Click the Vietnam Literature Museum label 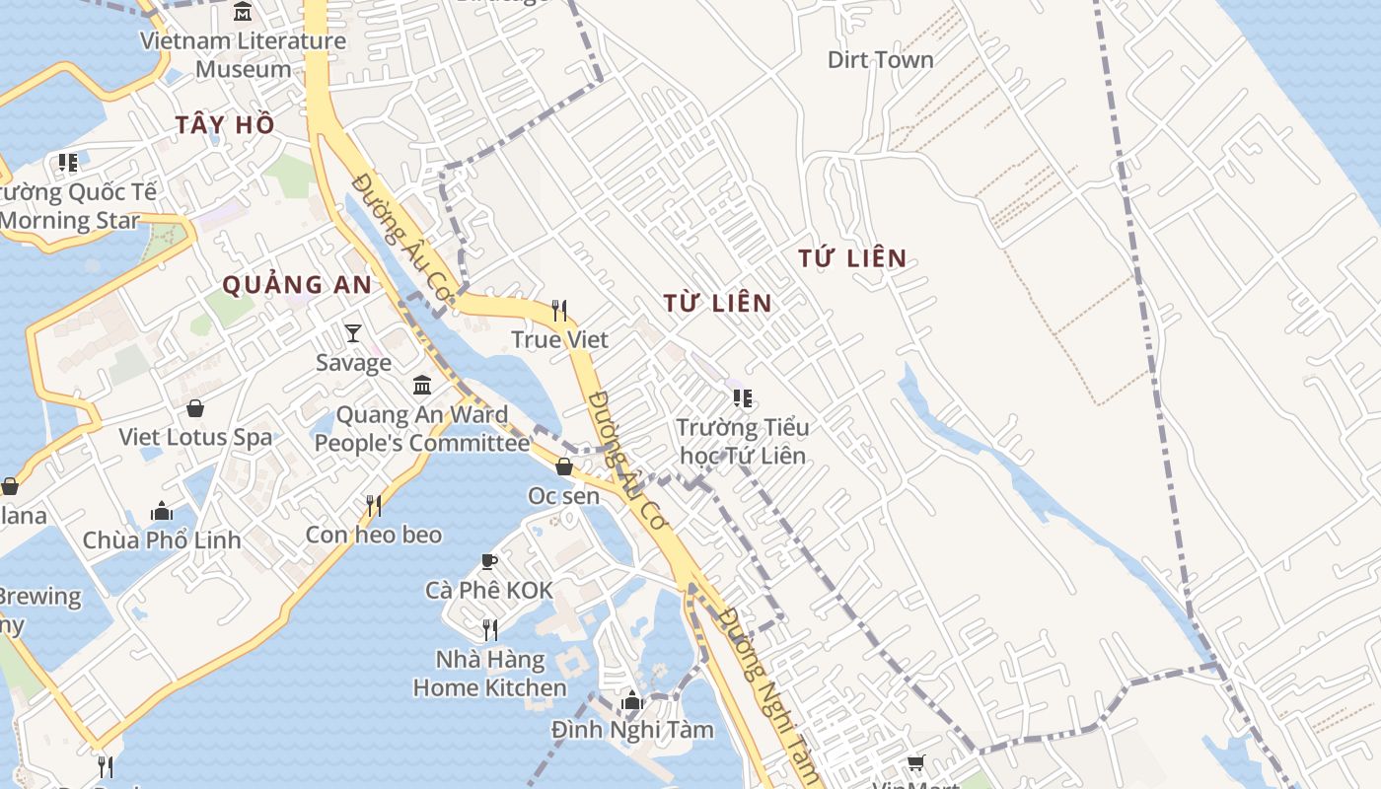coord(243,55)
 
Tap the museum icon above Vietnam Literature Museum coord(243,13)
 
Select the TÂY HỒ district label coord(225,125)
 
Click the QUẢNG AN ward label coord(297,285)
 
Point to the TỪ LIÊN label coord(717,303)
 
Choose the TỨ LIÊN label coord(852,258)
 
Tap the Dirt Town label coord(880,60)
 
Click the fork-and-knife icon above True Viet coord(559,311)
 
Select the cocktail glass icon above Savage coord(353,333)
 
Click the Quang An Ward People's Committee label coord(422,429)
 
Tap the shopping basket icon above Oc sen coord(564,466)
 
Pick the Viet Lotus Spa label coord(195,437)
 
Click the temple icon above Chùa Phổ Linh coord(162,511)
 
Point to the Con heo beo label coord(374,535)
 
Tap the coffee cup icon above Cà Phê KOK coord(488,562)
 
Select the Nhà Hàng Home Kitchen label coord(489,674)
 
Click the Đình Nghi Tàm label coord(632,731)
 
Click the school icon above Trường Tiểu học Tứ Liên coord(743,398)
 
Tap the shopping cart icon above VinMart coord(916,762)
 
